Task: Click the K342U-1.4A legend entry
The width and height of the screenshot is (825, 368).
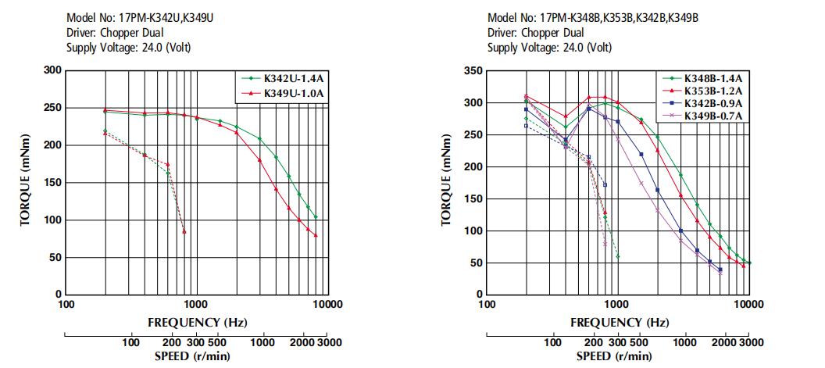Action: tap(284, 80)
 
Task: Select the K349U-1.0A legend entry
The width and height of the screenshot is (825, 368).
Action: tap(284, 95)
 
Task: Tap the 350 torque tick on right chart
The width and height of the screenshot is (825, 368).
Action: tap(475, 70)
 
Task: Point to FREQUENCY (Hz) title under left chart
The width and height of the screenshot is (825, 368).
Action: tap(198, 322)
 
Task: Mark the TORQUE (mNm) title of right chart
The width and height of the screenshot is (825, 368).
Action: tap(446, 183)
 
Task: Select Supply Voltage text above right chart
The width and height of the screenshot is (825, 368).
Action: tap(550, 48)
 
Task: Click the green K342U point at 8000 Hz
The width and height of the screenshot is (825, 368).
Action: tap(316, 217)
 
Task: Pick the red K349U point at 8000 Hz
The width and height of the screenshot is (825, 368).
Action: tap(316, 235)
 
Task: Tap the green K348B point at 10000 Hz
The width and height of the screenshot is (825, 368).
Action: tap(750, 263)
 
